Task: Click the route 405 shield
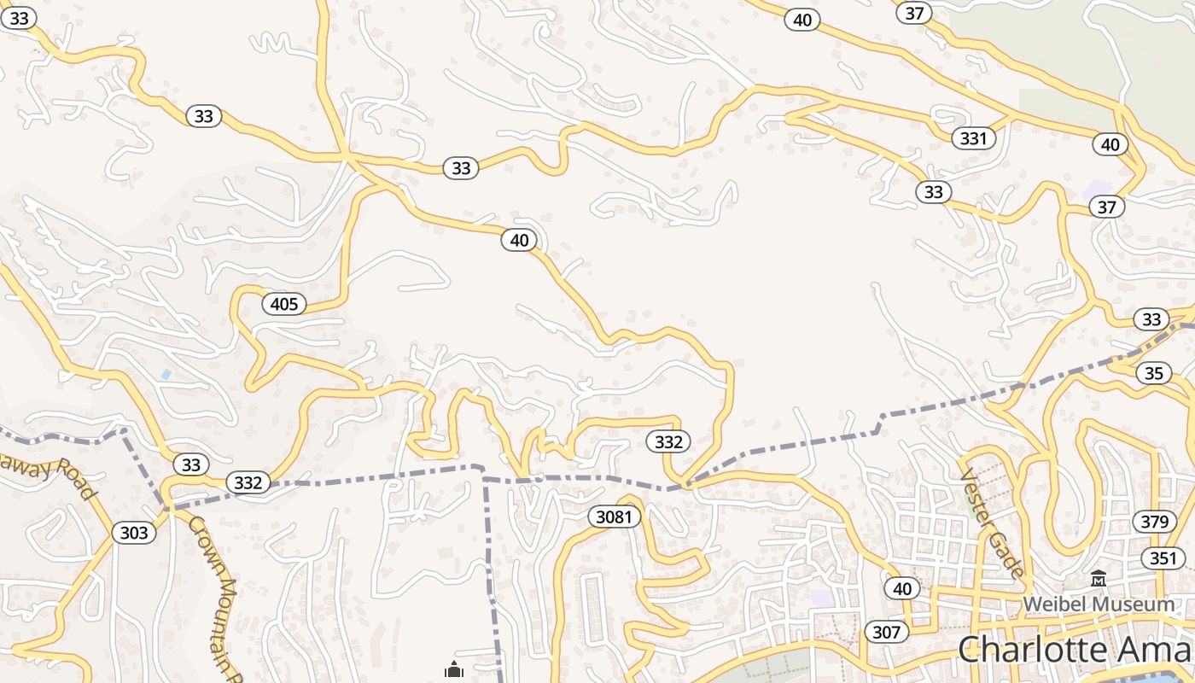[284, 303]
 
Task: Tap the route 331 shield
[973, 138]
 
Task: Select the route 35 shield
[1153, 373]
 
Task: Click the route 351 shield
[1163, 558]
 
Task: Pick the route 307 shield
[887, 632]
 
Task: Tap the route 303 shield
[134, 534]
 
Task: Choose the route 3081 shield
[614, 517]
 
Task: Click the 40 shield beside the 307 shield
[902, 588]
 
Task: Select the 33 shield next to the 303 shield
[191, 464]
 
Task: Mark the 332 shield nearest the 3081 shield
[668, 441]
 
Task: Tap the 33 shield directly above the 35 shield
[1151, 319]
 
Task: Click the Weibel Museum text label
[1099, 604]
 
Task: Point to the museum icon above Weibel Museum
[1098, 581]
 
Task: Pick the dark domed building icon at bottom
[453, 670]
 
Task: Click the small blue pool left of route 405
[166, 374]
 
